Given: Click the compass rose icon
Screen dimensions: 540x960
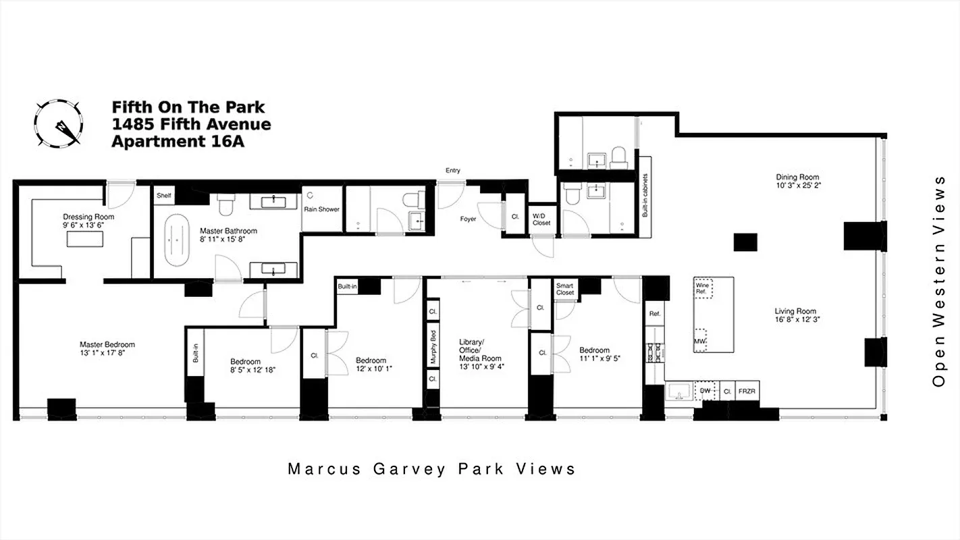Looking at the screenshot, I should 58,123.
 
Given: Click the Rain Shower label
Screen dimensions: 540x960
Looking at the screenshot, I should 321,209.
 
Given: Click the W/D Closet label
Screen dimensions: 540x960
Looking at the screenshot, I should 541,219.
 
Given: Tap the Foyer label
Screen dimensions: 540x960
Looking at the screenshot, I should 468,219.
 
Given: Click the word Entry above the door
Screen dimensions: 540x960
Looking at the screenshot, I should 452,171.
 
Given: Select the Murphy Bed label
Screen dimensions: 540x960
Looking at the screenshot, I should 433,349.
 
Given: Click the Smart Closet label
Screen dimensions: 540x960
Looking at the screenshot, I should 564,290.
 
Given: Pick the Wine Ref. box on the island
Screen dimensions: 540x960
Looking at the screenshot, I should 703,289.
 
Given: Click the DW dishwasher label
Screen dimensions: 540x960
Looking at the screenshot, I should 705,391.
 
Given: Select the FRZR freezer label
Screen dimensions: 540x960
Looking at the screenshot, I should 746,391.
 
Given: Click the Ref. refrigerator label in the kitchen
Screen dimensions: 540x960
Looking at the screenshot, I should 654,315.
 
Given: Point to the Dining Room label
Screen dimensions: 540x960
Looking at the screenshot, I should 798,181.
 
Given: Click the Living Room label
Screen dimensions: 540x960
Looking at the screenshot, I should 797,315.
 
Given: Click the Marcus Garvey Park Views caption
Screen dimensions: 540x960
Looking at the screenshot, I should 431,468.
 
